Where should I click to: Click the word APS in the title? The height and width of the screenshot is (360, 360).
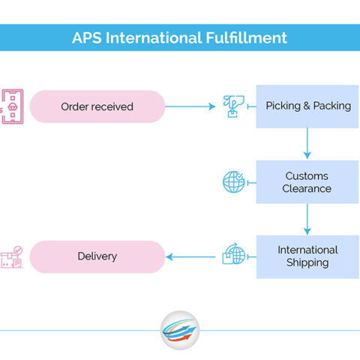click(87, 37)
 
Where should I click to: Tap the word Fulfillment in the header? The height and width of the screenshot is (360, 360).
click(247, 37)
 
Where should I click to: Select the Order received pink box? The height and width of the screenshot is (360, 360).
click(97, 106)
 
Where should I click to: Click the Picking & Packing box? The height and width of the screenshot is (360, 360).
click(307, 106)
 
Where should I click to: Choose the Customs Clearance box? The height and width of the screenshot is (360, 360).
click(307, 181)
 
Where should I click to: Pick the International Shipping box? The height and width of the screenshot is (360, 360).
click(307, 256)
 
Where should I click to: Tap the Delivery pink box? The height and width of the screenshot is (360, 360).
click(97, 256)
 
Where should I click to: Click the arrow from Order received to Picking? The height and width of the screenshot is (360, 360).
click(190, 106)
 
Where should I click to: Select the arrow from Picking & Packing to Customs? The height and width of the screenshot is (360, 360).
click(307, 143)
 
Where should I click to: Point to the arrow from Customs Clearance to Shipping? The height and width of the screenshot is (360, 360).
click(307, 219)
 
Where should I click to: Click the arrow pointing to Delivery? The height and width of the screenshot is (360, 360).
click(190, 256)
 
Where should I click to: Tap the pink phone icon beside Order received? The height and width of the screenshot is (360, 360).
click(12, 106)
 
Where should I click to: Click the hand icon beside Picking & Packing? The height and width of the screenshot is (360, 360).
click(233, 106)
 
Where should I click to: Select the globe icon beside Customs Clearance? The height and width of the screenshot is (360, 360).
click(234, 181)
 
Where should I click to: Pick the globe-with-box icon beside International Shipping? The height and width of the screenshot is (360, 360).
click(234, 253)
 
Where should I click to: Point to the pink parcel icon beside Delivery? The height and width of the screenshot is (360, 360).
click(11, 257)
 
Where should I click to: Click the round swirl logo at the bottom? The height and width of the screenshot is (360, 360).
click(180, 330)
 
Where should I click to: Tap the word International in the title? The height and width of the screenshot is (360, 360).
click(154, 37)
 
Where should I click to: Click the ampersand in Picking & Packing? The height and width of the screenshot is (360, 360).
click(307, 106)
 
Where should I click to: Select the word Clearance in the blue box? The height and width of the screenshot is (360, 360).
click(307, 188)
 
